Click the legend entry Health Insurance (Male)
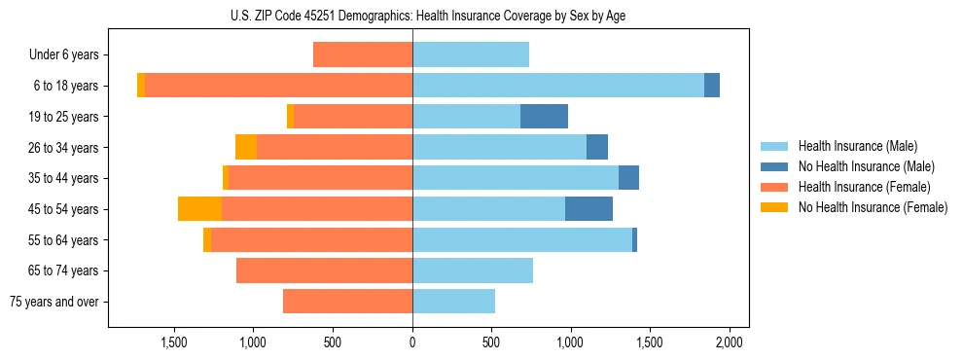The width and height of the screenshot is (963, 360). coord(856,146)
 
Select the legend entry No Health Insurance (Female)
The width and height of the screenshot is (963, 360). coord(872,207)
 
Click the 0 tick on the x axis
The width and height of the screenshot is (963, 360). coord(412,342)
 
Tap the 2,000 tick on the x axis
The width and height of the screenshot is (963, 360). coord(730,342)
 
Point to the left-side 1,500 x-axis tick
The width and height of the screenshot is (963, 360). coord(174,342)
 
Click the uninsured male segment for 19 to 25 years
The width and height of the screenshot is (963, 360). coord(544,117)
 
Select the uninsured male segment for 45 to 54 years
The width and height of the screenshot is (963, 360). coord(588,209)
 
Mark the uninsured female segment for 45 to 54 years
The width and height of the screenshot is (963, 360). coord(199,209)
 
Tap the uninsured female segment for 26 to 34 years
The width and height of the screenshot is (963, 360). coord(246,147)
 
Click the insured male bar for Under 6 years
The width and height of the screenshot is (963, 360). coord(471,55)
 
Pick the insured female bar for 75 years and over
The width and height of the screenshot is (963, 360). coord(347,302)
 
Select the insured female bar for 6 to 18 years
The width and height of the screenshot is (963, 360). coord(278,86)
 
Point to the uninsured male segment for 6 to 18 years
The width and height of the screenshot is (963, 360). coord(712,86)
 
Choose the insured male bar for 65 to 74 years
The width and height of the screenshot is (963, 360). coord(473,270)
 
